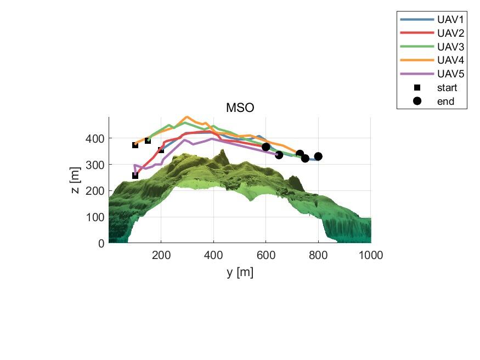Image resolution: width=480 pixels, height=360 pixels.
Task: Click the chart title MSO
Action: pos(240,108)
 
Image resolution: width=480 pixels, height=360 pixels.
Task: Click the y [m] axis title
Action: pos(240,272)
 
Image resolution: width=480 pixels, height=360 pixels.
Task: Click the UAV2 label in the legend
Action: pos(450,33)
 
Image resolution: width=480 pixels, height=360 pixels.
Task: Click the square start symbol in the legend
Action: pos(417,87)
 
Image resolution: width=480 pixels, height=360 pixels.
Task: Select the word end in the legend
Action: pos(445,101)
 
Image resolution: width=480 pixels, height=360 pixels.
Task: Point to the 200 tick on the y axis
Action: pos(161,255)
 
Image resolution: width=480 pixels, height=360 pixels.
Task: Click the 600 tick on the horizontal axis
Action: pos(266,255)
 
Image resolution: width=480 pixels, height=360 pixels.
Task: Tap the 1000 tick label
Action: pos(371,255)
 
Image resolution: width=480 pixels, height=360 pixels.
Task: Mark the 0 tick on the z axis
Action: pos(100,243)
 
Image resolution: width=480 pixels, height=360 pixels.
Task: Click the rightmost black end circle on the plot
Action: pos(318,156)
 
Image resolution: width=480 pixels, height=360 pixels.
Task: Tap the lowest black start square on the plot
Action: pos(135,176)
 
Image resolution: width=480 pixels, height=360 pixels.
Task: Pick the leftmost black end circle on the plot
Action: pos(266,147)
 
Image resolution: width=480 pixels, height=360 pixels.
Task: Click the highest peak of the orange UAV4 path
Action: pos(187,117)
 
